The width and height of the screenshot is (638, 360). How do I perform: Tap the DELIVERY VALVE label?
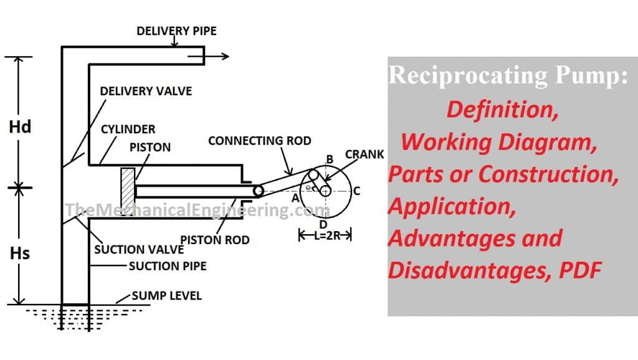click(146, 91)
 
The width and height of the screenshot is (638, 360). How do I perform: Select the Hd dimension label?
click(21, 127)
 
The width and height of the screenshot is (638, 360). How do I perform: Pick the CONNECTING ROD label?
click(259, 140)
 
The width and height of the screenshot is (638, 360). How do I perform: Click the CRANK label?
click(364, 154)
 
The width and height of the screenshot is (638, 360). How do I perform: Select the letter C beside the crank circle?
click(356, 191)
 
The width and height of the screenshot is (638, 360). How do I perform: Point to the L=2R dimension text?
click(326, 235)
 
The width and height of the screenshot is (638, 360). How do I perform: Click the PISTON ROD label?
click(214, 239)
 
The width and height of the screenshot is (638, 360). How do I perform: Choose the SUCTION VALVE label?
click(138, 250)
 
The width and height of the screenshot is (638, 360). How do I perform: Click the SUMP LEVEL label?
click(166, 295)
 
